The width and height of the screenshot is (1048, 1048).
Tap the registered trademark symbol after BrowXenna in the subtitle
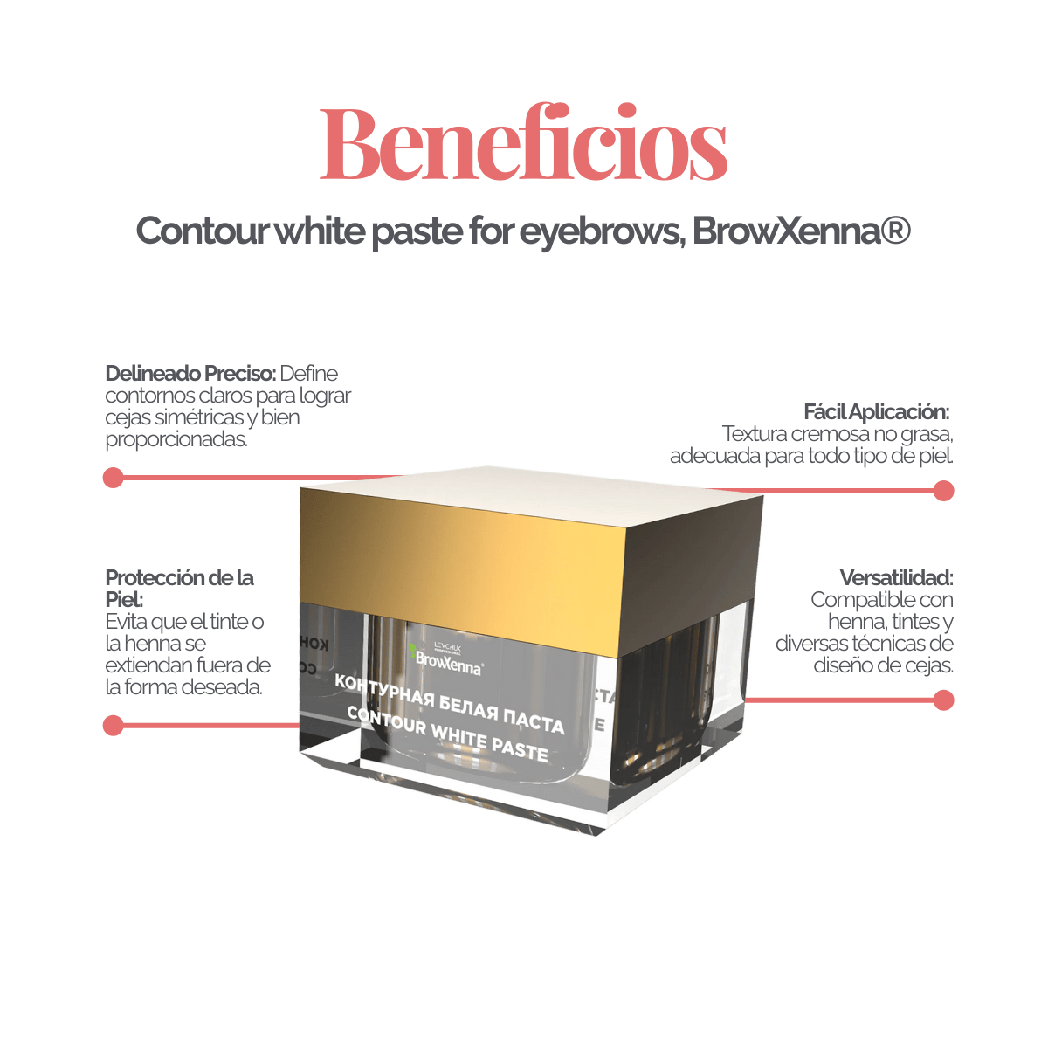(896, 230)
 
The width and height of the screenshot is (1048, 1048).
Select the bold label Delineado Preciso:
(191, 374)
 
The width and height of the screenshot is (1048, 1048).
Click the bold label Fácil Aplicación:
(876, 412)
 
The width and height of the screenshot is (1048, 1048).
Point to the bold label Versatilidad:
(896, 577)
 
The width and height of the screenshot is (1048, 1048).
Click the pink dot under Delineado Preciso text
(114, 478)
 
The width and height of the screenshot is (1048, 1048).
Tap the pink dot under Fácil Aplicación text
(943, 491)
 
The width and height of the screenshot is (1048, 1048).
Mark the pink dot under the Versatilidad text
(943, 700)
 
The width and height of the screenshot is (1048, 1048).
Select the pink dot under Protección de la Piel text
(114, 726)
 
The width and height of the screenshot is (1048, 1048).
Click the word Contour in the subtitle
(202, 231)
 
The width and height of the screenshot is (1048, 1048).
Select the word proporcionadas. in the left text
(176, 439)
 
